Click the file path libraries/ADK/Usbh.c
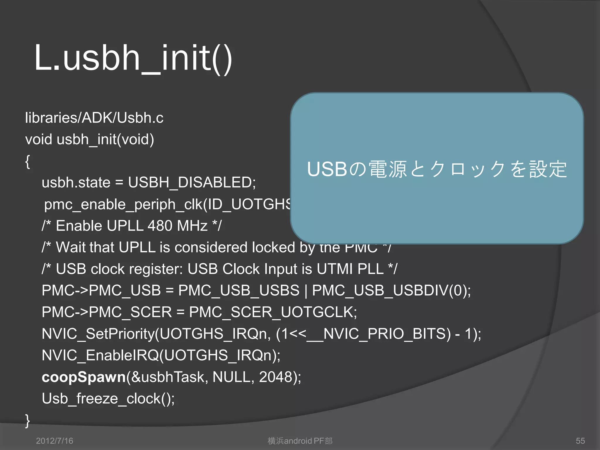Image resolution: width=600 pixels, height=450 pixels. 94,118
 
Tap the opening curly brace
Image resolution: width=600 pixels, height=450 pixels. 28,161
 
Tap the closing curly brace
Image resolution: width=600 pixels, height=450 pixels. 28,421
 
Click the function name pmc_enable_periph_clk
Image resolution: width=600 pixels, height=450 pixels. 123,204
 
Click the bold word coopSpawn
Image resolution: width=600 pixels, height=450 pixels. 83,377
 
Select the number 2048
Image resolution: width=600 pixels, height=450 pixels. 275,377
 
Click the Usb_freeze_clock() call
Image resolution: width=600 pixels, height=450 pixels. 108,399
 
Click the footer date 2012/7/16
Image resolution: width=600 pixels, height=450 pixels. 54,441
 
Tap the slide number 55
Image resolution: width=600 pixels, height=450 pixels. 580,441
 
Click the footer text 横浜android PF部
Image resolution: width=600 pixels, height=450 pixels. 300,441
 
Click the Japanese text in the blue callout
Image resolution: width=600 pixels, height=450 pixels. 437,169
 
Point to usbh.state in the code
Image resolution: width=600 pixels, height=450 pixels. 76,183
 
